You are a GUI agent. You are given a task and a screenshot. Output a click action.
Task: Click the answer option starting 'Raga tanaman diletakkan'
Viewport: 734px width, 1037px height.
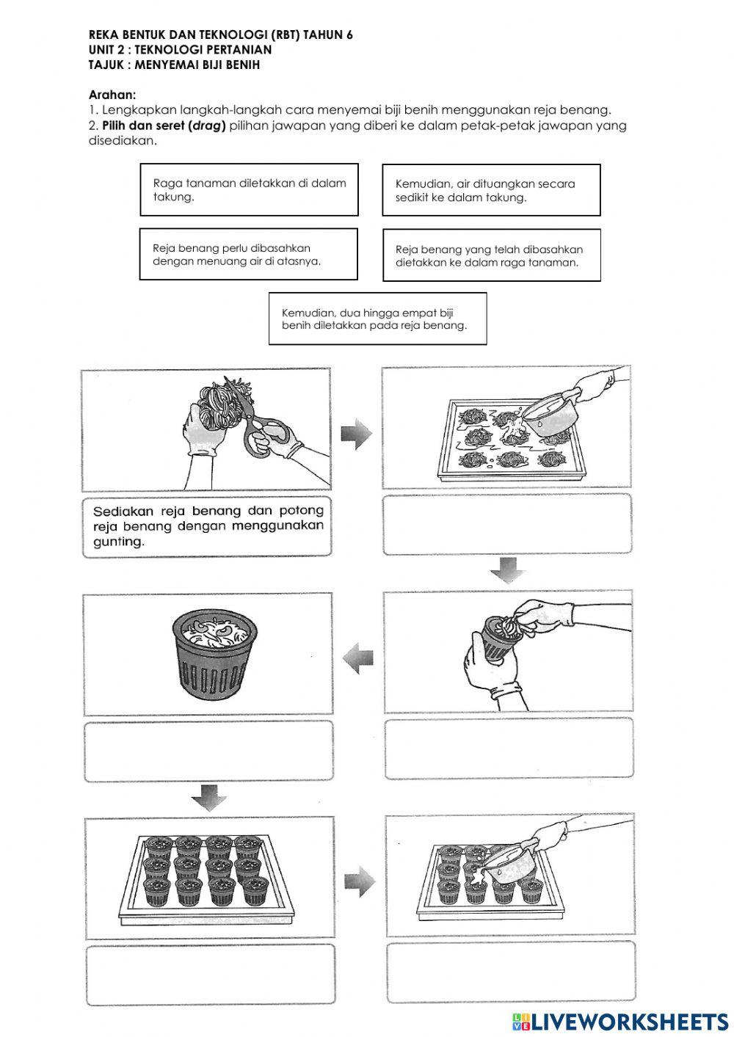(x=249, y=190)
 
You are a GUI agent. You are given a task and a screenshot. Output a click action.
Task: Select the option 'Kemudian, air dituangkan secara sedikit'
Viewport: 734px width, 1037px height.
(x=491, y=190)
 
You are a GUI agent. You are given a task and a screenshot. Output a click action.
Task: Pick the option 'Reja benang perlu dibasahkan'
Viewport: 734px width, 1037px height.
(x=248, y=255)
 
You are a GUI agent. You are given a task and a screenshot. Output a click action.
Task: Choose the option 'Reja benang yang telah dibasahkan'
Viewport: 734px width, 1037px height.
(x=491, y=255)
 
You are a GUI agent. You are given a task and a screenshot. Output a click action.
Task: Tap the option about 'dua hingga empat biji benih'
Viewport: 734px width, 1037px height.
(x=377, y=319)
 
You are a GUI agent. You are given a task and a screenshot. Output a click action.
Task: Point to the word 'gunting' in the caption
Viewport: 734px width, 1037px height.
(x=118, y=542)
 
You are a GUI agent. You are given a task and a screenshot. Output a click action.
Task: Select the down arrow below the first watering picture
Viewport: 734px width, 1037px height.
(x=507, y=570)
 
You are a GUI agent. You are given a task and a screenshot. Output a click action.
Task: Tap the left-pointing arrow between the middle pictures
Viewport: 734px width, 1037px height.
(x=357, y=655)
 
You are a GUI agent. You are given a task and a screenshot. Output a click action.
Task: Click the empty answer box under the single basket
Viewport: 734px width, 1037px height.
(x=208, y=751)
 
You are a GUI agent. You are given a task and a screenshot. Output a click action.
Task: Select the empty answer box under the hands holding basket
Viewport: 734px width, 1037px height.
(x=508, y=749)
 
